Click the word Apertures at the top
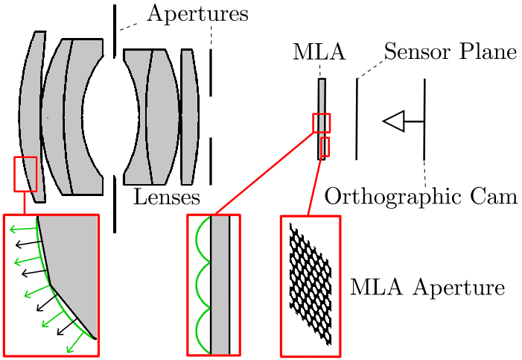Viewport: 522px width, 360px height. point(197,14)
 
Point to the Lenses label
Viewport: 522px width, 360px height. point(167,198)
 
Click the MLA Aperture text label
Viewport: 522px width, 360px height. point(427,288)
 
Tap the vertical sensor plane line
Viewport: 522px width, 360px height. point(357,119)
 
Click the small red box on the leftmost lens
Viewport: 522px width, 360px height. point(25,174)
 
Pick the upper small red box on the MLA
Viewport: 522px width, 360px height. point(322,123)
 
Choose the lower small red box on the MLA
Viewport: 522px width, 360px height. point(325,147)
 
